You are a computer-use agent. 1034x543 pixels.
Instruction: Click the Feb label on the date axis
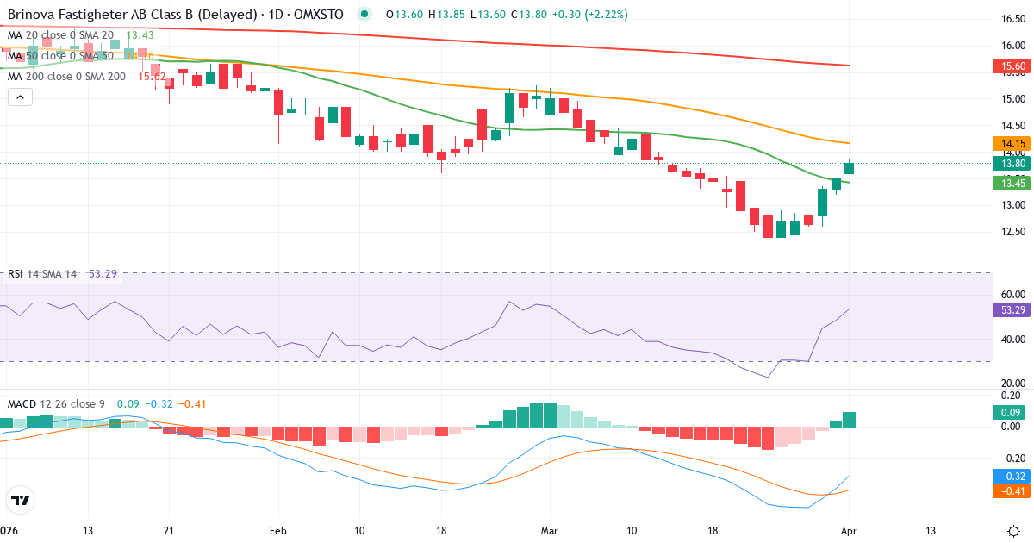[x=277, y=531]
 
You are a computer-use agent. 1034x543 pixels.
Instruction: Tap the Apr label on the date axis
[x=849, y=531]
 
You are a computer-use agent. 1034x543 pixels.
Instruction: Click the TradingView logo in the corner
[x=20, y=500]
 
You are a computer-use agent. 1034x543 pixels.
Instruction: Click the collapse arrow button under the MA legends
[x=20, y=97]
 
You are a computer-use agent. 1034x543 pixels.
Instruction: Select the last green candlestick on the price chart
[x=849, y=168]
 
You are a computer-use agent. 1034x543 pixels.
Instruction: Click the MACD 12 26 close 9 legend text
[x=57, y=403]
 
